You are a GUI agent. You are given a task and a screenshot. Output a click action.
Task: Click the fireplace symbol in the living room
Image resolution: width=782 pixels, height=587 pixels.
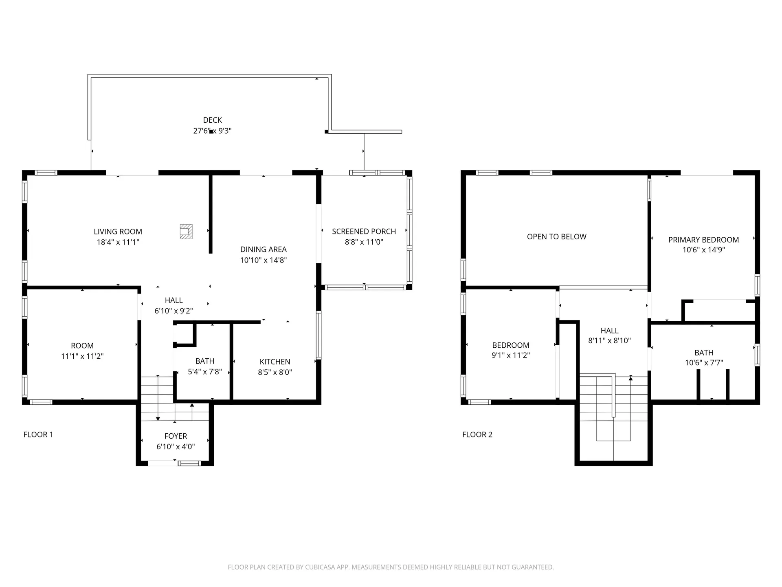186,232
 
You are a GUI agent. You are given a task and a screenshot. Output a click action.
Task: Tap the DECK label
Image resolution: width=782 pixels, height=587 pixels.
212,120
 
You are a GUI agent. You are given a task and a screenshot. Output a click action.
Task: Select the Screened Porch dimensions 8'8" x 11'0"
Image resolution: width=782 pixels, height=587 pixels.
364,242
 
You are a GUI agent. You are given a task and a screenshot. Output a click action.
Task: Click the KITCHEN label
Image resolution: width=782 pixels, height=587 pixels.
275,362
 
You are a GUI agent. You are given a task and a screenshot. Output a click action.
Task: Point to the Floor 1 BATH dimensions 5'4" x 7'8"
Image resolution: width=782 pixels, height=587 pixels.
204,372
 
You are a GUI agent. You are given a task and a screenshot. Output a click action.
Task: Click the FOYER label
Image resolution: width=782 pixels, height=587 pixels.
176,436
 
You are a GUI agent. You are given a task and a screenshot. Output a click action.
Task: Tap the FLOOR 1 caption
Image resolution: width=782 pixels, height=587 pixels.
38,435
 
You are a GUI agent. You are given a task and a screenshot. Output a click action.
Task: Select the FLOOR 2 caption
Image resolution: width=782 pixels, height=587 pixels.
477,435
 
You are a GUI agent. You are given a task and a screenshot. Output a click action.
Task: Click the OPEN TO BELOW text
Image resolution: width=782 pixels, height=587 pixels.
556,237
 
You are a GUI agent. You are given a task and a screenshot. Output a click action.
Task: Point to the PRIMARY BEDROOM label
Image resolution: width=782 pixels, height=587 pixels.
703,240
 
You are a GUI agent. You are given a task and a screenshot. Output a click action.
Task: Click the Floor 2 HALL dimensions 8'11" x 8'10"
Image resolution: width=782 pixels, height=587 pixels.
609,341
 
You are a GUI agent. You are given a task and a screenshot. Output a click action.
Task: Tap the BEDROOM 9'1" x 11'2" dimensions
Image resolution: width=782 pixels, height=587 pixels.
510,355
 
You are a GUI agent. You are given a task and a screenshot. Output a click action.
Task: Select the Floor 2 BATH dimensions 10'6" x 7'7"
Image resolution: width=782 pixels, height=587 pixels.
704,363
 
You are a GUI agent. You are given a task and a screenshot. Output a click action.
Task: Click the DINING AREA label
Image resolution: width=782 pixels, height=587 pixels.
263,249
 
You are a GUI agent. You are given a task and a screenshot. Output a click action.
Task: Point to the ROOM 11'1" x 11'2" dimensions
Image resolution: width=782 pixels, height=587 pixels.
82,356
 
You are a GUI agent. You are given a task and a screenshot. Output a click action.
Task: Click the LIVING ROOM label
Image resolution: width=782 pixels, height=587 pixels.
118,232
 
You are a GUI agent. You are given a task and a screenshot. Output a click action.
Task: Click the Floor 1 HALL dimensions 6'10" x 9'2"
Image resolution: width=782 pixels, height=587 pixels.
174,311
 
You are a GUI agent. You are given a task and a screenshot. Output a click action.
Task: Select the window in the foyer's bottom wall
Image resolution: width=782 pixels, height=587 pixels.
189,463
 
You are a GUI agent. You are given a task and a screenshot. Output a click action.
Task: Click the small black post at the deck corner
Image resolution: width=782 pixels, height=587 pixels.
326,132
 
